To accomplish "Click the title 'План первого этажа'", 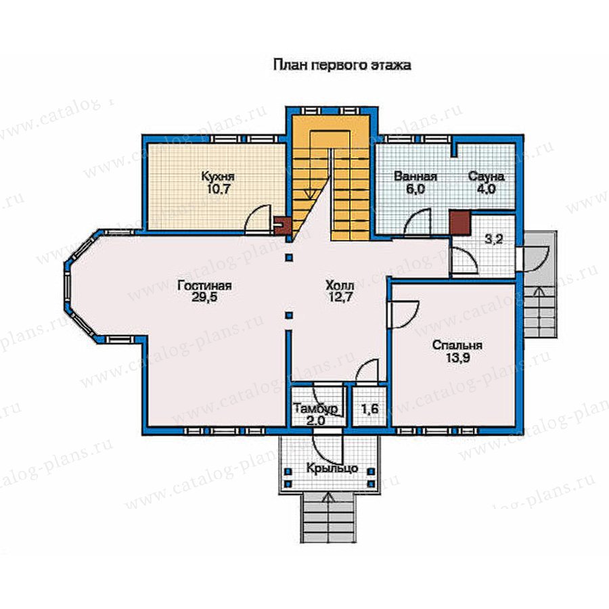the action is point(342,65).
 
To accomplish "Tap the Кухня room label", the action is point(218,177).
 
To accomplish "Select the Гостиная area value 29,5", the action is point(204,297).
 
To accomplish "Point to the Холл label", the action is point(340,286).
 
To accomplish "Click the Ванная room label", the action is point(415,177).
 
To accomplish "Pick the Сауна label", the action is point(487,177).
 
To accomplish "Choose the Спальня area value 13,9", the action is point(457,358).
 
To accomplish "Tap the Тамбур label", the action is point(315,409).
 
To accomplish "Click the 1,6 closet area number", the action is point(369,409).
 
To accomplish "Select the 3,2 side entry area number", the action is point(494,239).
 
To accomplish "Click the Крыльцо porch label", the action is point(332,469).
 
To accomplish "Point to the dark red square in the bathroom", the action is point(460,223).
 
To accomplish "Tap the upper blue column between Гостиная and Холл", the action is point(288,257).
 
